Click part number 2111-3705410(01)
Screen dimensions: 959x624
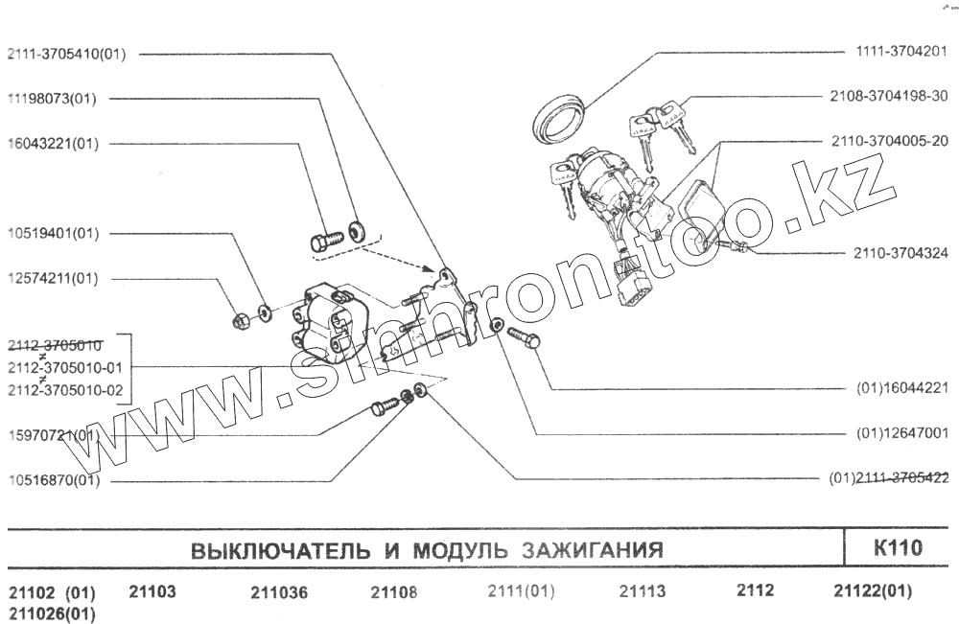coord(66,54)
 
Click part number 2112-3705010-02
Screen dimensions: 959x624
coord(66,390)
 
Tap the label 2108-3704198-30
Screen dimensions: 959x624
coord(888,96)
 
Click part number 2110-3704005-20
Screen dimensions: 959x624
coord(888,141)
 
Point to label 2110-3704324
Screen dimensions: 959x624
coord(901,254)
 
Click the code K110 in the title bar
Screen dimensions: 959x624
coord(898,549)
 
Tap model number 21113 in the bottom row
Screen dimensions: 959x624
coord(642,591)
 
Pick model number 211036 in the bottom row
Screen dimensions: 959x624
coord(279,592)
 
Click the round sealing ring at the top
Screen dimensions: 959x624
coord(559,118)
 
